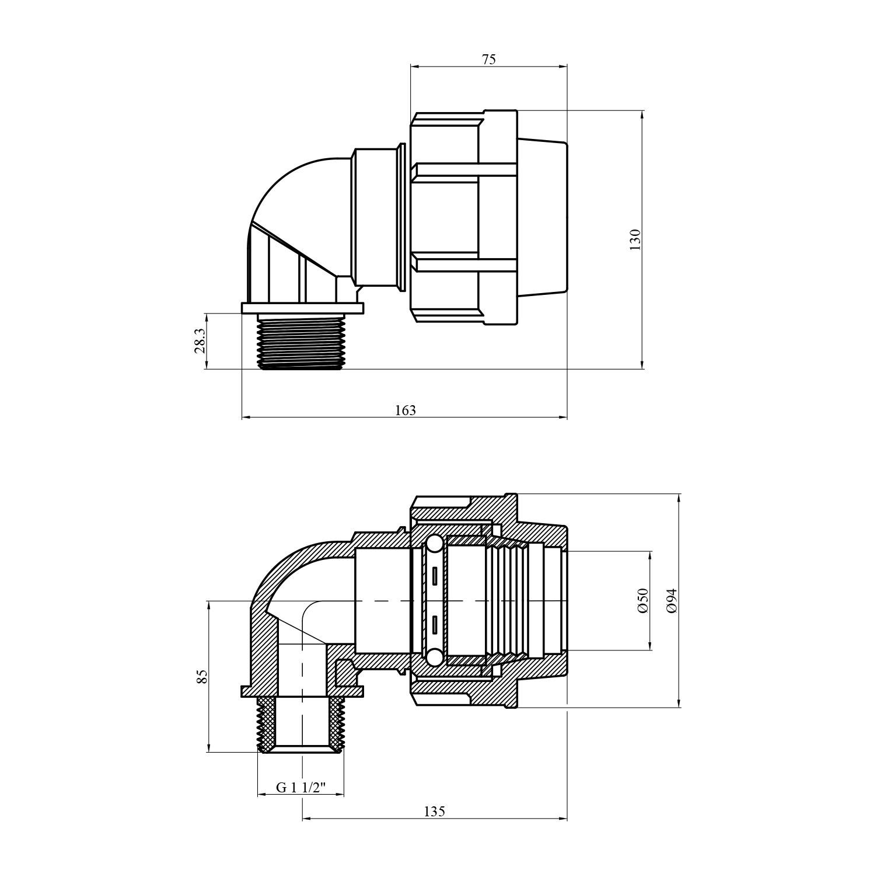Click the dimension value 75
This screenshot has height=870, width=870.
tap(489, 59)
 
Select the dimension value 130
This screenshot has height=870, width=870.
tap(635, 240)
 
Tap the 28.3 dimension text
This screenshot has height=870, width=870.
tap(200, 340)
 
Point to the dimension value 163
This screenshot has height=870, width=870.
tap(406, 410)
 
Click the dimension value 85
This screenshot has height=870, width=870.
tap(202, 677)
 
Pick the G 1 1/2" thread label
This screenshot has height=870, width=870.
tap(301, 787)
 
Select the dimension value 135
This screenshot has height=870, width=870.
tap(434, 812)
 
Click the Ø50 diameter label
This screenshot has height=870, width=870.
tap(643, 601)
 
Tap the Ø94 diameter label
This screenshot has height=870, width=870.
tap(672, 601)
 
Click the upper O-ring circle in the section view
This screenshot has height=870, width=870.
tap(434, 545)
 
